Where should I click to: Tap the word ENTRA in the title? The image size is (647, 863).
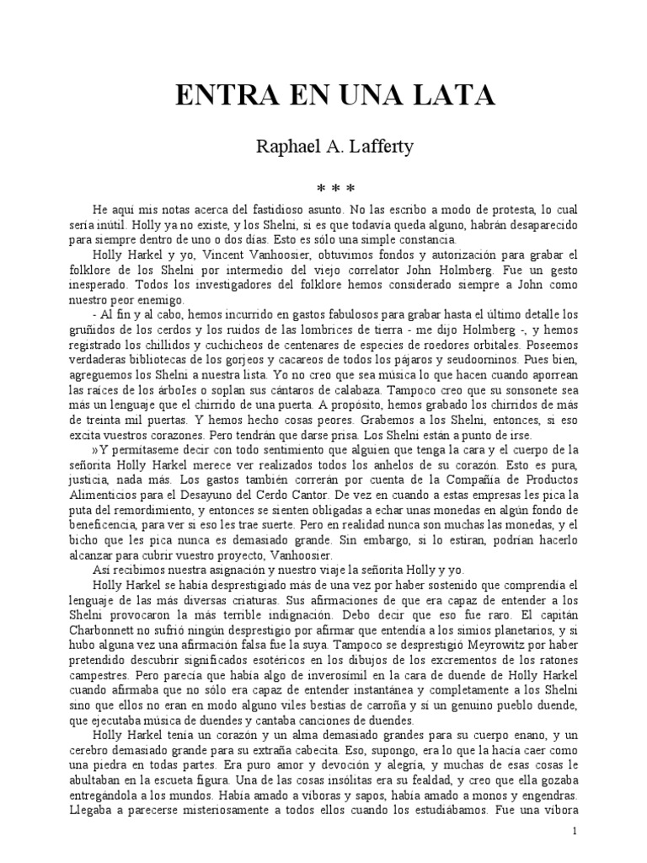(x=219, y=97)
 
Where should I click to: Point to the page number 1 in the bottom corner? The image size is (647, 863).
(x=574, y=831)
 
